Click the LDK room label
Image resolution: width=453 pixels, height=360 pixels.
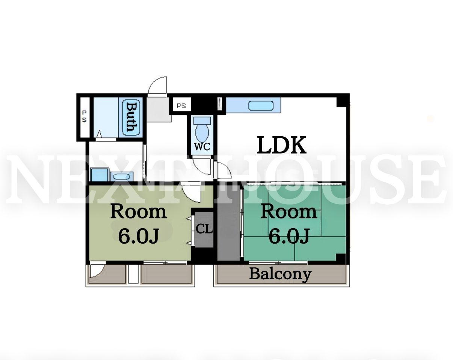[282, 145]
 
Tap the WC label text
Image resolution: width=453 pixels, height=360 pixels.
[202, 147]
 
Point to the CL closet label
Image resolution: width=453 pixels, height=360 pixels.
[204, 229]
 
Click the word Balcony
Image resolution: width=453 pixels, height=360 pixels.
[280, 274]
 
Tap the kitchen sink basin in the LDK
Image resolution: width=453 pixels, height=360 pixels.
[261, 105]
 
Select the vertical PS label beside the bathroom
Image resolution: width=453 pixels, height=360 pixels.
[84, 116]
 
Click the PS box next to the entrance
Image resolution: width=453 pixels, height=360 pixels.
[182, 105]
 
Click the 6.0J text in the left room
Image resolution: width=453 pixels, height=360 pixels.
[138, 235]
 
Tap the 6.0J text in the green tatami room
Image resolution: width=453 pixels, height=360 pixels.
[289, 235]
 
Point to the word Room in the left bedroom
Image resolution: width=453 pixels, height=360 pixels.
[139, 212]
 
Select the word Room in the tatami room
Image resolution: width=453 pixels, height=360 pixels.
[289, 212]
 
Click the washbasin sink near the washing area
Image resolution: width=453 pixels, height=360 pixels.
[122, 176]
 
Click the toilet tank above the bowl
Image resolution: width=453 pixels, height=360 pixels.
[202, 121]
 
